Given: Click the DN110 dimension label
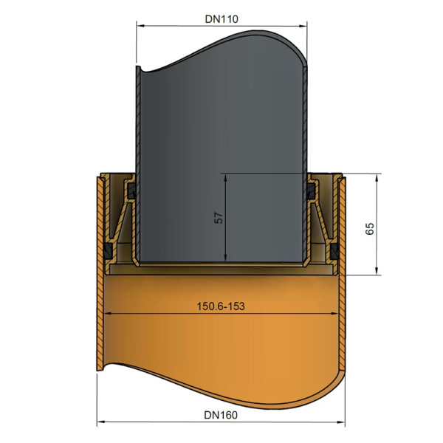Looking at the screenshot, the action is [x=221, y=19].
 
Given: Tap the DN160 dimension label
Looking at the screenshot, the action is [x=221, y=415].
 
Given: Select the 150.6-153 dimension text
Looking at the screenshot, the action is [x=221, y=306].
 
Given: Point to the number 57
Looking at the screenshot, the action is [x=219, y=218].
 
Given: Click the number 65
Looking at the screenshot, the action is [x=370, y=229].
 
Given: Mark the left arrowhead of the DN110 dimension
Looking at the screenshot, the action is [x=140, y=26].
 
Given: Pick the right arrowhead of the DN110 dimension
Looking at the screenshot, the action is [x=303, y=26].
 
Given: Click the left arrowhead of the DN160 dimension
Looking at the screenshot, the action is [x=101, y=422].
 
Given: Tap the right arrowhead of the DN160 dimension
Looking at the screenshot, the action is [x=341, y=422].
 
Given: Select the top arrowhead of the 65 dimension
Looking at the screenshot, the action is [x=377, y=178].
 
